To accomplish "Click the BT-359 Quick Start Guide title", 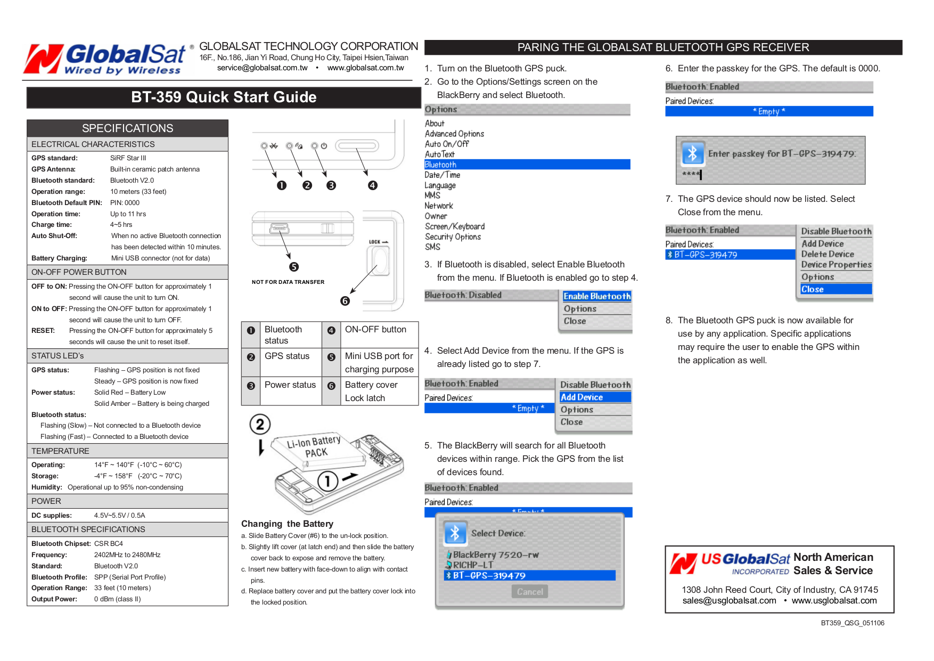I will [x=224, y=97].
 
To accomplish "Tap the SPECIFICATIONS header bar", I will [x=127, y=128].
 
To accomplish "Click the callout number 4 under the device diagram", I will [x=373, y=185].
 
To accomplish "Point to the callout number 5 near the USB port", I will [x=294, y=267].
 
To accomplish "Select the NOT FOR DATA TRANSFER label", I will [x=288, y=282].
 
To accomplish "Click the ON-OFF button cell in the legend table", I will [x=375, y=330].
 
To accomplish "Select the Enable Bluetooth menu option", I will [x=596, y=296].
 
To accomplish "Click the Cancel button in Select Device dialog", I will [x=530, y=592].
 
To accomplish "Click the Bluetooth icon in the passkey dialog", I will [x=693, y=154].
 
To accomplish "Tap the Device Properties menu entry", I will [x=836, y=265].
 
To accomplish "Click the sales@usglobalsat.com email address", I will [x=729, y=601].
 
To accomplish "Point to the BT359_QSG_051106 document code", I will [x=852, y=623].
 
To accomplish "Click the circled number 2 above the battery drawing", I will [x=260, y=425].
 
